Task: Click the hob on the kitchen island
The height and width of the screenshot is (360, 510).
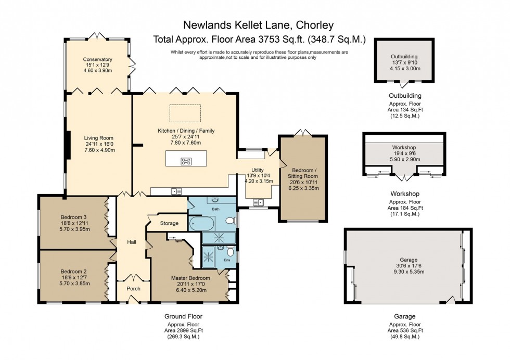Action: [x=185, y=161]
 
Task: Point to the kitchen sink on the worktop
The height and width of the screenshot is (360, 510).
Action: [x=175, y=191]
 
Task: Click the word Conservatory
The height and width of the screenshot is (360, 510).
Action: [x=97, y=59]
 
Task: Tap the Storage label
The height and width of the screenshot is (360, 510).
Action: [x=169, y=223]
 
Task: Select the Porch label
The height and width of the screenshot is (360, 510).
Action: [x=134, y=288]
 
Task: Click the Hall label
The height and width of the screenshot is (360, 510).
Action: [x=132, y=242]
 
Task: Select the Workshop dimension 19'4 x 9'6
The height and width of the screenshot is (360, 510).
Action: [x=404, y=153]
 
